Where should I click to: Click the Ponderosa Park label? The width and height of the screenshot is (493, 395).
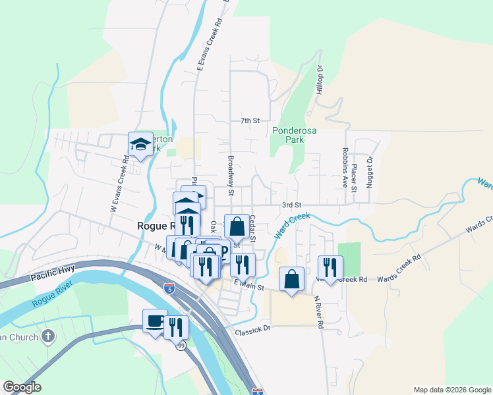[294, 136]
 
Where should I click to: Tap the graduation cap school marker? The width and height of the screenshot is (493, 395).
[140, 145]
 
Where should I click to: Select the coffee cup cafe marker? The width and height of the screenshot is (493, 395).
[155, 321]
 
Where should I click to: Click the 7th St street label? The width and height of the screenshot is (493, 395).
[250, 120]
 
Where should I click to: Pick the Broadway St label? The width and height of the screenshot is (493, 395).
[231, 176]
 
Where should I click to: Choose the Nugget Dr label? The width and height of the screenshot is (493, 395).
[370, 172]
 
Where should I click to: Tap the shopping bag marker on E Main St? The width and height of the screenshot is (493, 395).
[291, 279]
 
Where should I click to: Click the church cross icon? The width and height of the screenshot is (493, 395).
[47, 337]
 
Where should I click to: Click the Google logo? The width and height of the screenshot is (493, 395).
[22, 387]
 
